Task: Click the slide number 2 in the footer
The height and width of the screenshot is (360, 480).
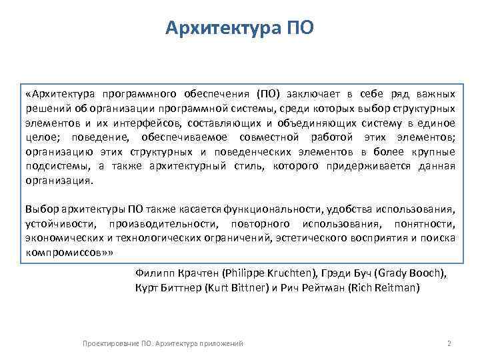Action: (x=449, y=343)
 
